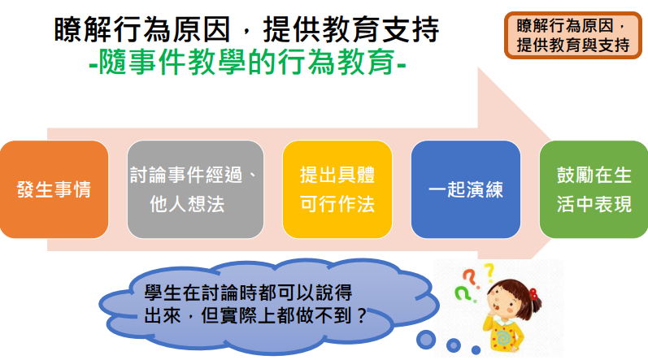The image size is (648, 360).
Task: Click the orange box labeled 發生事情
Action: pyautogui.click(x=54, y=189)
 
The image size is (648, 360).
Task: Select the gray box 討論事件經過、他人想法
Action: pyautogui.click(x=195, y=189)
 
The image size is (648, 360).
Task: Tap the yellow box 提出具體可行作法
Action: pyautogui.click(x=337, y=189)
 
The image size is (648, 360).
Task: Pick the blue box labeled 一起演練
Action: pyautogui.click(x=466, y=189)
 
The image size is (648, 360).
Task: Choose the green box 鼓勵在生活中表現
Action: pyautogui.click(x=594, y=189)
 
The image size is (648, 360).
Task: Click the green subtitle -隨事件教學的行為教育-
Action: pyautogui.click(x=247, y=63)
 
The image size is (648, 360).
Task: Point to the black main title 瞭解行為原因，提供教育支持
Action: pyautogui.click(x=246, y=29)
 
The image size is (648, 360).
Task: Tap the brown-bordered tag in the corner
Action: pyautogui.click(x=572, y=35)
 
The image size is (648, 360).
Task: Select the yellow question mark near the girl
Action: pyautogui.click(x=489, y=272)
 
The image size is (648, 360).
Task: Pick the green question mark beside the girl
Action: pyautogui.click(x=463, y=294)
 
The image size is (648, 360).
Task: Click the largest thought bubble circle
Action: pyautogui.click(x=426, y=340)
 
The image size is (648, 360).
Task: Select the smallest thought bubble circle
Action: pyautogui.click(x=476, y=350)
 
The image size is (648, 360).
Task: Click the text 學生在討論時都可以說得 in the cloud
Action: pyautogui.click(x=248, y=293)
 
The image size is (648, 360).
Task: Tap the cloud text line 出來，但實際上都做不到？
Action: pyautogui.click(x=255, y=316)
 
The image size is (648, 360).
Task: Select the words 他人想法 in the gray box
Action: pyautogui.click(x=187, y=204)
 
